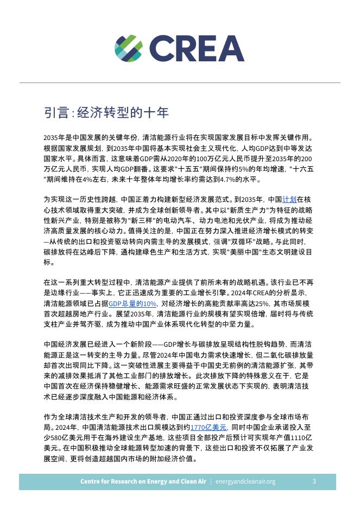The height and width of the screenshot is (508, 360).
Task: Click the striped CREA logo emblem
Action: coord(128,48)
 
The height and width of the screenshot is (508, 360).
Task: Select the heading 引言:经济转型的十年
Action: coord(106,113)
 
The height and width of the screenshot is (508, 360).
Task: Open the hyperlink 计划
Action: coord(289,199)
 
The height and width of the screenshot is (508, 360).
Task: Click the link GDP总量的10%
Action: coord(132,304)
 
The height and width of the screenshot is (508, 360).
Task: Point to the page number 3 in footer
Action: coord(314,481)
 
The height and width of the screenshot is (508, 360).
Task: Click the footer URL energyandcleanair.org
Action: coord(245,481)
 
